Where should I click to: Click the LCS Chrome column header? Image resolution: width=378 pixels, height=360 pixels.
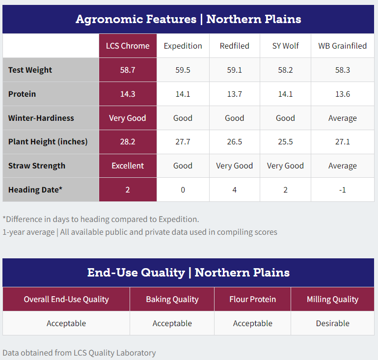pos(128,46)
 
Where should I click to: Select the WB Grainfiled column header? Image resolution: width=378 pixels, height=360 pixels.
pos(342,46)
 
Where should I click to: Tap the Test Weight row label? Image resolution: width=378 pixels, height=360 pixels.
pos(30,70)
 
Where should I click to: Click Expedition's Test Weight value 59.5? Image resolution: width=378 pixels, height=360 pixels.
pos(183,70)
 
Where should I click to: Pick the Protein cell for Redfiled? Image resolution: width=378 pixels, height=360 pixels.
pos(235,94)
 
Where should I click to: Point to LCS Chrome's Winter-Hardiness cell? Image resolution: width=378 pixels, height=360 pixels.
pos(128,118)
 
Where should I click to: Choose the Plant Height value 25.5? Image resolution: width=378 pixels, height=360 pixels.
pos(285,142)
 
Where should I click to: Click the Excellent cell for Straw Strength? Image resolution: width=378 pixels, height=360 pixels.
pos(128,166)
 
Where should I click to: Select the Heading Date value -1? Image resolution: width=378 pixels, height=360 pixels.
pos(342,190)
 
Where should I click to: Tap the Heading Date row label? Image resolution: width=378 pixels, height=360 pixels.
pos(35,190)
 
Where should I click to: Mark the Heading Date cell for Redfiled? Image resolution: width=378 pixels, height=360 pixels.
pos(235,190)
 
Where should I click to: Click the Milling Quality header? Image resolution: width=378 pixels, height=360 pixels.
pos(333,299)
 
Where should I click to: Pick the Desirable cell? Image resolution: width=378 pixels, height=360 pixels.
pos(333,323)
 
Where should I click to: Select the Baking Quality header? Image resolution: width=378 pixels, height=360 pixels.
pos(172,299)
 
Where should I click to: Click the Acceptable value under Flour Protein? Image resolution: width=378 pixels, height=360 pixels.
pos(253,323)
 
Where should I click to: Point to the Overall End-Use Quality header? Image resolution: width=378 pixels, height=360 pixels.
pos(66,299)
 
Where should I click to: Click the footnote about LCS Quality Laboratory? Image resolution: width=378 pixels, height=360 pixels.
pos(79,353)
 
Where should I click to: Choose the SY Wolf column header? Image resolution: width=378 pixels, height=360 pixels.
pos(285,46)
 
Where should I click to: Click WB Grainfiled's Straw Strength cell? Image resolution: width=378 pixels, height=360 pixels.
pos(342,166)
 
